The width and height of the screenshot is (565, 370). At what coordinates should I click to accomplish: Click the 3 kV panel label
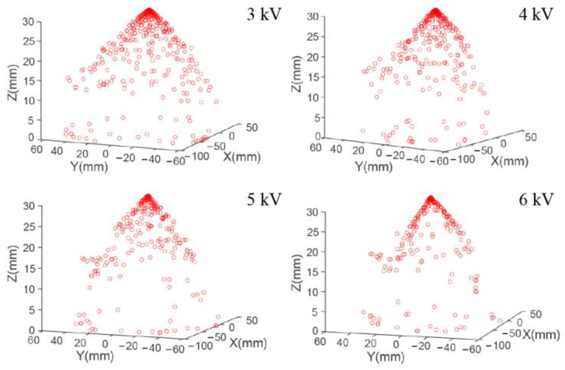coord(264,15)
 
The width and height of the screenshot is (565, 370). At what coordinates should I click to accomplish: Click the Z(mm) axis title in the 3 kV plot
coord(13,82)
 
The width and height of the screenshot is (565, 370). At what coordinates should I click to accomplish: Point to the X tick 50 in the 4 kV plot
coord(531,137)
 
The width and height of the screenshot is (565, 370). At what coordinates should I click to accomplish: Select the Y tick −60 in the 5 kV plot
coord(175,349)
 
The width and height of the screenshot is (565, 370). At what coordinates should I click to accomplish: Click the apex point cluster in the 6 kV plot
coord(431,199)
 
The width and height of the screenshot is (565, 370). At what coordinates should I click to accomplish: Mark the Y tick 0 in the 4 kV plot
coord(379,153)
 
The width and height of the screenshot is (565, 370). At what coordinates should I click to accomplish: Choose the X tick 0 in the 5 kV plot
coord(231,327)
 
